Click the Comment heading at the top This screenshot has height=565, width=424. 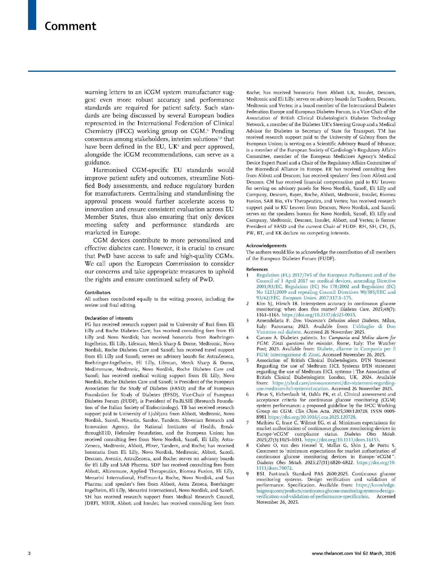(x=70, y=26)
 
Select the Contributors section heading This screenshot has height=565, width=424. (x=98, y=292)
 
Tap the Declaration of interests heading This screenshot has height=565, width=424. (x=109, y=318)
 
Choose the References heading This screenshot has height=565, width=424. (x=257, y=269)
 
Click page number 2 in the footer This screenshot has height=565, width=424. (x=29, y=553)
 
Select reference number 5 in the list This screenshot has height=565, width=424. (x=247, y=360)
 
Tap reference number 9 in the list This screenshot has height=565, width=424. (x=247, y=474)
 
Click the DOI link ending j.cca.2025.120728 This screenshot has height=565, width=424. (x=312, y=417)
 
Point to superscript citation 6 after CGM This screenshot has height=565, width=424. (x=208, y=130)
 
